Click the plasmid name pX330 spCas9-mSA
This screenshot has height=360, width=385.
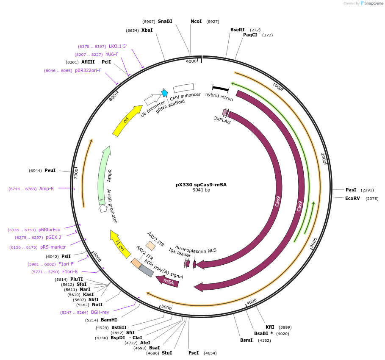coord(201,185)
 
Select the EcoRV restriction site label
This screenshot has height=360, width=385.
coord(352,198)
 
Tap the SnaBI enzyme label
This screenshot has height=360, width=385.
coord(165,21)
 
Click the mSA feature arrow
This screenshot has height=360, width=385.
coord(168,282)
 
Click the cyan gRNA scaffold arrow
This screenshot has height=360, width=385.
coord(165,93)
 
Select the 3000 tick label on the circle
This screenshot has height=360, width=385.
coord(313,243)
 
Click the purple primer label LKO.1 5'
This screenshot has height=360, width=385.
coord(118,47)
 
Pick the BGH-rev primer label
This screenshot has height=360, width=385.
coord(100,312)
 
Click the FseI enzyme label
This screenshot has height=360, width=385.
coord(194,353)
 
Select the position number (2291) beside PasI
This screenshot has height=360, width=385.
coord(368,190)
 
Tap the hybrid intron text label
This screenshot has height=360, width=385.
coord(219,96)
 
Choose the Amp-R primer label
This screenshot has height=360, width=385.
coord(47,188)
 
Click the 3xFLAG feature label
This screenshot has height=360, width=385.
coord(222,121)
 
